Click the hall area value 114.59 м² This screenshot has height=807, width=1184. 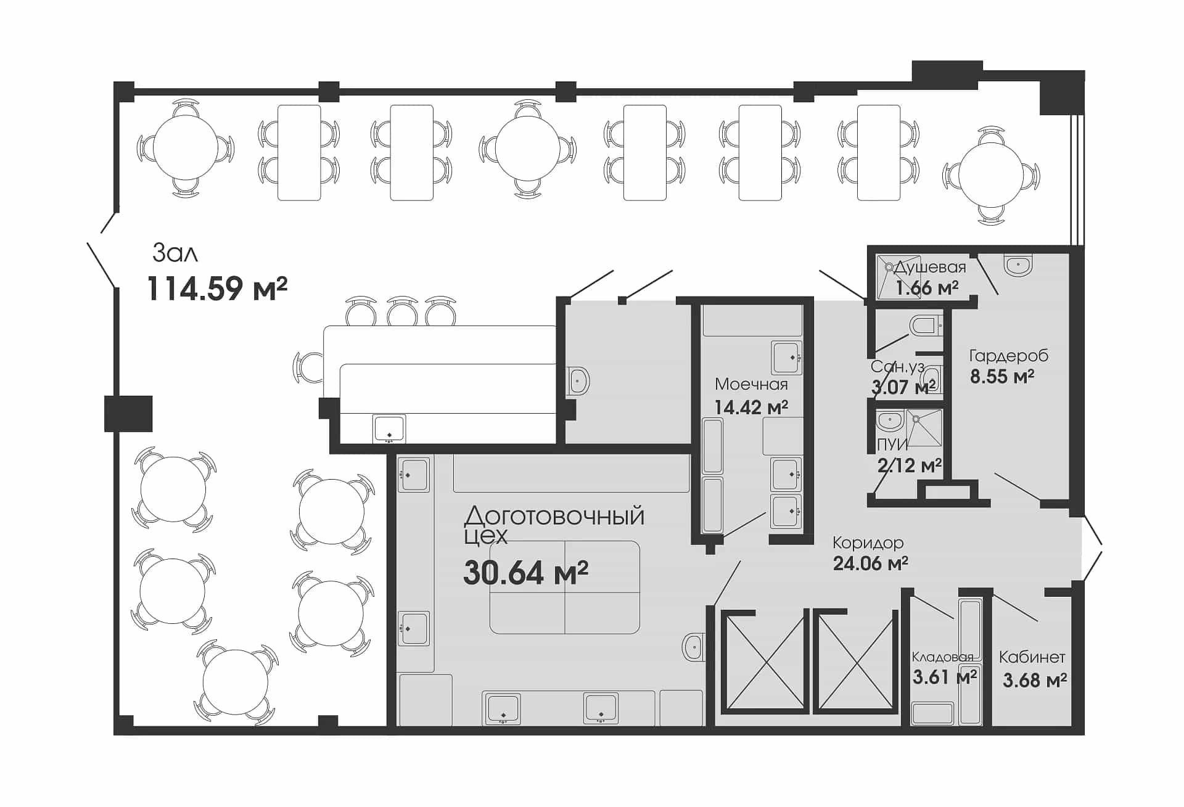point(217,288)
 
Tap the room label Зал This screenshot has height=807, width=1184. point(175,253)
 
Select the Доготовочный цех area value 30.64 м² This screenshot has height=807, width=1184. point(525,572)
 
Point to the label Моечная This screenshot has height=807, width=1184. point(751,384)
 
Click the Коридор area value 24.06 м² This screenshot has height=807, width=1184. point(870,563)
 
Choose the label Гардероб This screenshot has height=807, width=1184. point(1009,356)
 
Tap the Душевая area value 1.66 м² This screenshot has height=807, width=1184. point(927,287)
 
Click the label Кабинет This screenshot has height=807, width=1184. point(1032,657)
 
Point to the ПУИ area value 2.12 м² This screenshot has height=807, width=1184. point(910,465)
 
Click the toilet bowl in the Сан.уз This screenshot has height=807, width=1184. point(925,325)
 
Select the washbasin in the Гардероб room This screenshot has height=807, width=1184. point(1017,266)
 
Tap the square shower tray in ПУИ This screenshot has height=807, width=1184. point(924,428)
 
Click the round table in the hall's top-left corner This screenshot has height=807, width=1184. point(185,148)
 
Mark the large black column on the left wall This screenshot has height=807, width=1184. point(128,413)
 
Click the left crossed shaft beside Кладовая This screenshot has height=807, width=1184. point(765,662)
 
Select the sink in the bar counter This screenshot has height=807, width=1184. point(389,428)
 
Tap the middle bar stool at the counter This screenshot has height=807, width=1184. point(402,311)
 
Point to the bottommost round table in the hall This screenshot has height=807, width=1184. point(235,682)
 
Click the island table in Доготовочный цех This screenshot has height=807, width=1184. point(564,587)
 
